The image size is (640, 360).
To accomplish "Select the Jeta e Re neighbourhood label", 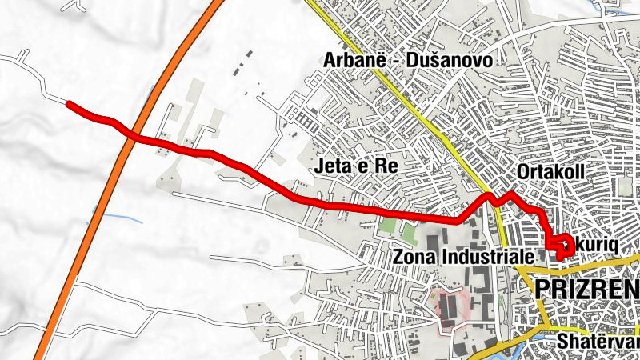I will point(357,166).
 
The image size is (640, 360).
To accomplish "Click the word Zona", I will point(414,257).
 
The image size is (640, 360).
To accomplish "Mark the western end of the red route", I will point(69,104).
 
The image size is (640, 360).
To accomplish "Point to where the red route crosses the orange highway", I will point(134,136).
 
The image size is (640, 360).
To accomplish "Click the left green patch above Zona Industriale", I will point(386,226).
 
